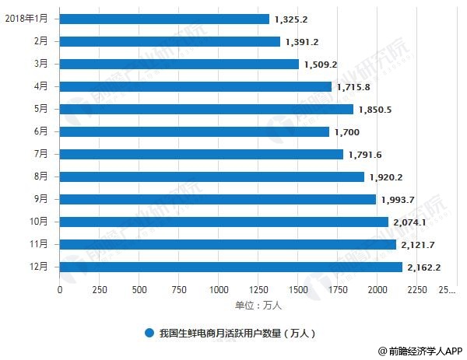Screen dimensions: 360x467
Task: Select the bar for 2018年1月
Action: coord(163,19)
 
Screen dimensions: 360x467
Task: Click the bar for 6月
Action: coord(194,132)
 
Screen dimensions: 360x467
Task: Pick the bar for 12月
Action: coord(230,267)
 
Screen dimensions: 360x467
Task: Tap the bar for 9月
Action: coord(217,199)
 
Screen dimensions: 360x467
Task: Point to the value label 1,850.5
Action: coord(377,110)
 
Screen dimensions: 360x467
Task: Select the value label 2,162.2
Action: coord(427,267)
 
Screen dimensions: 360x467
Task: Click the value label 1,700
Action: coord(346,132)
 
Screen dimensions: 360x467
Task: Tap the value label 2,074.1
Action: coord(412,222)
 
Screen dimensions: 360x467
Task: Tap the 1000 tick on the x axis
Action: coord(219,291)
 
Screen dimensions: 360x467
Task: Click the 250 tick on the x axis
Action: coord(99,291)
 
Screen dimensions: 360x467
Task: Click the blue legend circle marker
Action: coord(149,333)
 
